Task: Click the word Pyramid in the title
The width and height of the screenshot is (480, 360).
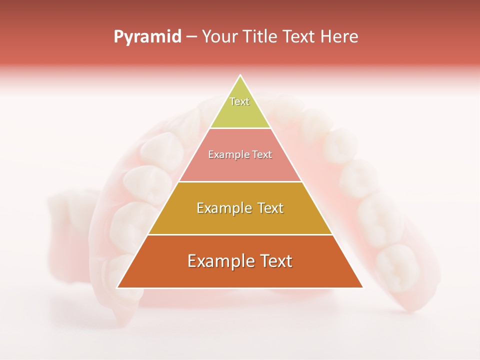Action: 147,37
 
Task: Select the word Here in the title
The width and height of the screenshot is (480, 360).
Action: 339,37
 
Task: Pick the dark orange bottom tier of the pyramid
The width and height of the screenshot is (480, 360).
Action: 240,275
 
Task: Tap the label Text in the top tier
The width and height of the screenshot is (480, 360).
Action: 239,101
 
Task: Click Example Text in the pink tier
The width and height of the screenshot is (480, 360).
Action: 240,154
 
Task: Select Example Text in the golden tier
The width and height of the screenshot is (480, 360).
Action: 240,208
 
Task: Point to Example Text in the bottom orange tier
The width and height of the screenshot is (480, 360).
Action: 240,261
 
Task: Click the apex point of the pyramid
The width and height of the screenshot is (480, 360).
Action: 240,75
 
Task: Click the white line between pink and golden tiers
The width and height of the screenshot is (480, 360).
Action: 240,181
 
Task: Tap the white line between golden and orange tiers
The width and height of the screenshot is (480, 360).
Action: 240,234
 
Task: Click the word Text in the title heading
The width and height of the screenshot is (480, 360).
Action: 298,37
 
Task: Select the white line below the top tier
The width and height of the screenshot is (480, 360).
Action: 240,128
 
